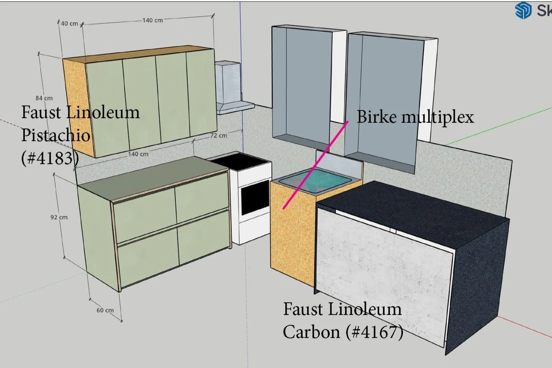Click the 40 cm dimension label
click(69, 23)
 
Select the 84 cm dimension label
click(44, 98)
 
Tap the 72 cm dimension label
click(218, 136)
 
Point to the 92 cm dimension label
click(59, 217)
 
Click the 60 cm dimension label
click(105, 310)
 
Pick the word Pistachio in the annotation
click(56, 135)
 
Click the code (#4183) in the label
click(50, 158)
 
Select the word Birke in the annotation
click(377, 117)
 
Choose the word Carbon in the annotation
click(311, 332)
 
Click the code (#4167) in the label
click(374, 332)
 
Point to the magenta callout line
click(316, 165)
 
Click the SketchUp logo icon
click(523, 10)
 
